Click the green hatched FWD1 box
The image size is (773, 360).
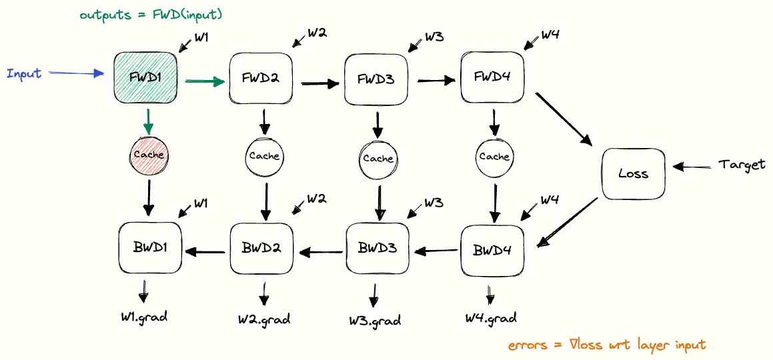coord(146,79)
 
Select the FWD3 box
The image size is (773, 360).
coord(375,79)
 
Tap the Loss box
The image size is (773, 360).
coord(633,173)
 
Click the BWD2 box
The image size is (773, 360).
coord(261,248)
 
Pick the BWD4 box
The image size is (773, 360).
coord(492,251)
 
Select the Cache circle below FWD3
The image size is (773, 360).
coord(378,159)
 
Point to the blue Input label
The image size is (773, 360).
coord(24,73)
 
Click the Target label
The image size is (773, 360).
coord(742,165)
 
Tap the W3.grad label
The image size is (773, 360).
coord(375,320)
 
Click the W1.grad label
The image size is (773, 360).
coord(144,316)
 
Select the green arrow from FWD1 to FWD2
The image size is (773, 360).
coord(204,82)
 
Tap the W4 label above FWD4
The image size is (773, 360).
coord(550,34)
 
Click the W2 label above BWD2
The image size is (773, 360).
coord(316,199)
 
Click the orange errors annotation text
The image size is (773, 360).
coord(606,345)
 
